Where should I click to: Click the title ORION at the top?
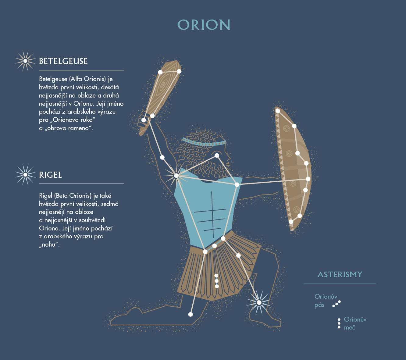[x=204, y=25]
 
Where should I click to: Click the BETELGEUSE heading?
[x=63, y=61]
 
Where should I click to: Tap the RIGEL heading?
[x=51, y=175]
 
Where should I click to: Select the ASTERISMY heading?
[x=340, y=274]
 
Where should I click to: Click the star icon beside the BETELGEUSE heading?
[x=25, y=61]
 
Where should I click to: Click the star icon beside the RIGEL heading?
[x=25, y=175]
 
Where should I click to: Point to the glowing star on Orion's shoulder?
[x=176, y=176]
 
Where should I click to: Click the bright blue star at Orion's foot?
[x=259, y=302]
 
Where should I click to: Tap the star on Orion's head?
[x=217, y=155]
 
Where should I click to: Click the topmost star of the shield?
[x=278, y=111]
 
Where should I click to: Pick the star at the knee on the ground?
[x=191, y=314]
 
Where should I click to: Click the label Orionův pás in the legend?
[x=326, y=301]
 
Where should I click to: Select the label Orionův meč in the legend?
[x=355, y=323]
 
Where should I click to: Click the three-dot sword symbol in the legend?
[x=339, y=323]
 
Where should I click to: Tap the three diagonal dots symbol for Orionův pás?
[x=337, y=304]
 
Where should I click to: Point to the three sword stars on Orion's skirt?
[x=216, y=281]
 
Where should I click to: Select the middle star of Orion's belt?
[x=214, y=246]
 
